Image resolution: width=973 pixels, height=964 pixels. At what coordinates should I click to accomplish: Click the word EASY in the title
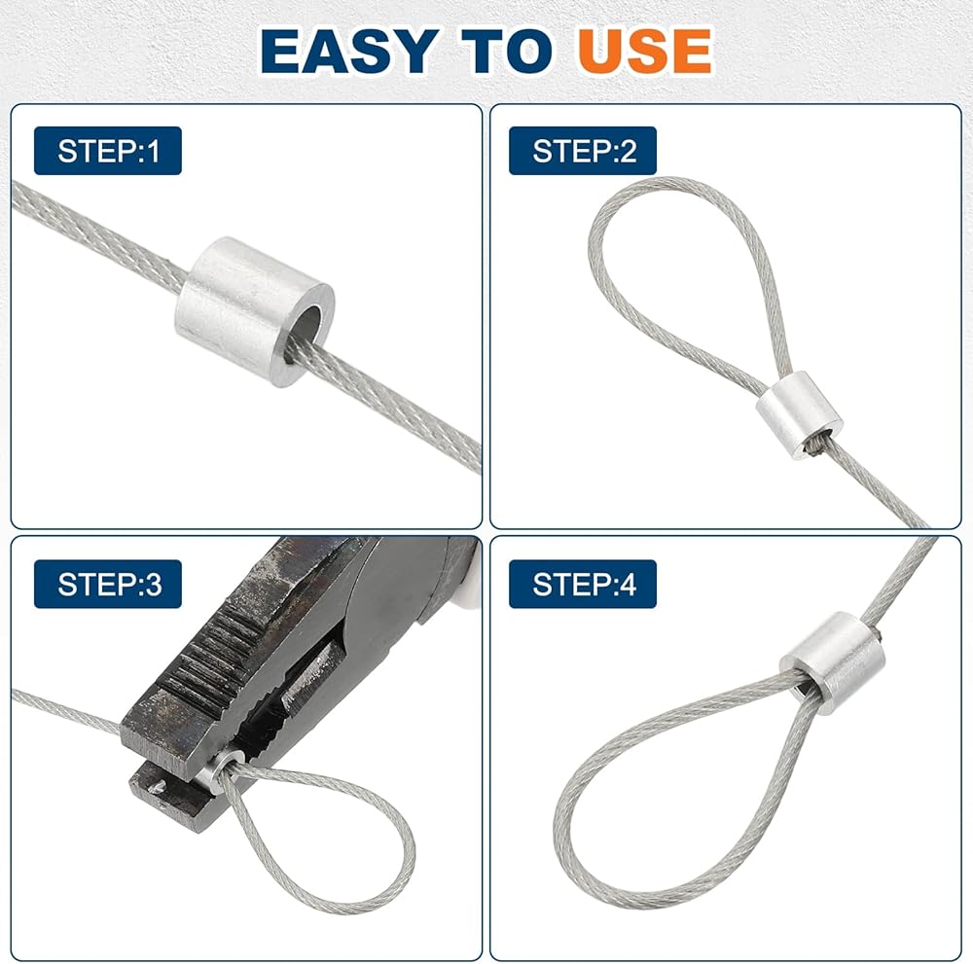[x=349, y=51]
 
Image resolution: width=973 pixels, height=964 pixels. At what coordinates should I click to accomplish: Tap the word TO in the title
[x=506, y=51]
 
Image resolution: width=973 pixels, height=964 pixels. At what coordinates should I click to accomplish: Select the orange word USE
[x=645, y=51]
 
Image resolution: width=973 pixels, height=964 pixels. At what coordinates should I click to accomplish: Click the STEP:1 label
[x=108, y=151]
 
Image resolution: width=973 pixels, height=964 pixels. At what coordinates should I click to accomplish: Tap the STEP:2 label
[x=583, y=151]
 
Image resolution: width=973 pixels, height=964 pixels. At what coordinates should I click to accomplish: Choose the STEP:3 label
[x=108, y=584]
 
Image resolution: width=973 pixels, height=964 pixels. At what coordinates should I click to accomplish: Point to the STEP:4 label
[x=583, y=584]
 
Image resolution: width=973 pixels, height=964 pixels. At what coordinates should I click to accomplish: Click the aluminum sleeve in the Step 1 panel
[x=254, y=310]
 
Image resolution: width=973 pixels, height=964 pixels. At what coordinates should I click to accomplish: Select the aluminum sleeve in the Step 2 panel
[x=799, y=414]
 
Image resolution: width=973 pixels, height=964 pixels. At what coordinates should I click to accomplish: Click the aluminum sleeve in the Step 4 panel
[x=832, y=661]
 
